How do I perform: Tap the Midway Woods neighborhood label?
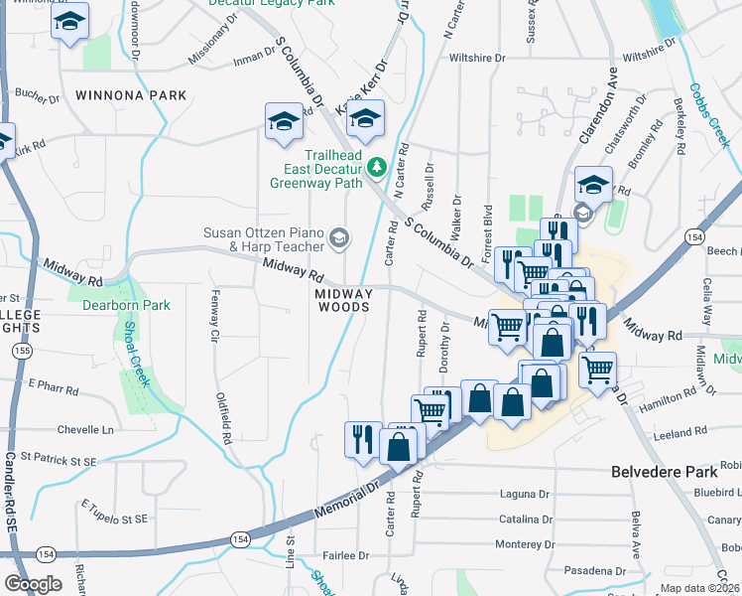344,301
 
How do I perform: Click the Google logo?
34,583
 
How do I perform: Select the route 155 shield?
21,352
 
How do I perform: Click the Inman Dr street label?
252,58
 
